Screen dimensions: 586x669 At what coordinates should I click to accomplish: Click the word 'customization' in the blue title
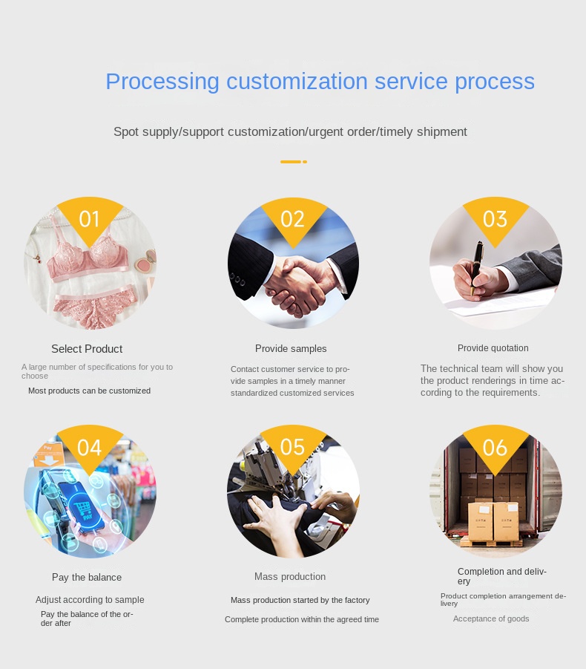297,81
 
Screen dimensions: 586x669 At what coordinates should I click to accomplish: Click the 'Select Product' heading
87,349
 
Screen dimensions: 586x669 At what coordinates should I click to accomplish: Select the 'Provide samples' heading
291,348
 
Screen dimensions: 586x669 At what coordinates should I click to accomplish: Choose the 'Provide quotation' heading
493,348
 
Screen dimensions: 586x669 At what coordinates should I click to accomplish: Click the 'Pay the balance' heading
87,577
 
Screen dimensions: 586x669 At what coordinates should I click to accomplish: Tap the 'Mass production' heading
290,576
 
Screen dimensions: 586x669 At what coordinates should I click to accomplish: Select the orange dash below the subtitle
293,162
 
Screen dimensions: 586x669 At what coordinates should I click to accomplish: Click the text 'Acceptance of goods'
491,619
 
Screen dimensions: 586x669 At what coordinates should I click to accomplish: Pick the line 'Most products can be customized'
89,391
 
